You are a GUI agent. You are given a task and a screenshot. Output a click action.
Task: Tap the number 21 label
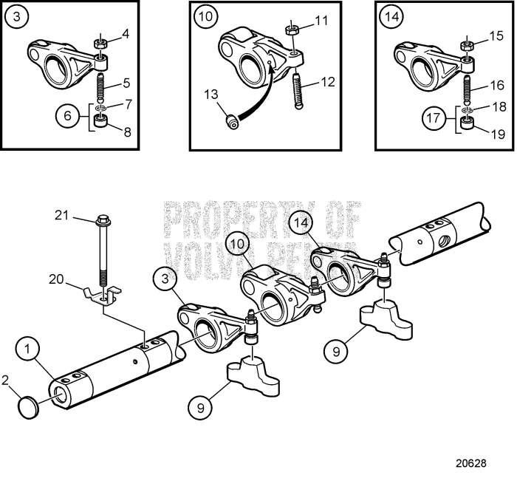pos(61,215)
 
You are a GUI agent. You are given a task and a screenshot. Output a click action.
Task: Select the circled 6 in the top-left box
pos(68,117)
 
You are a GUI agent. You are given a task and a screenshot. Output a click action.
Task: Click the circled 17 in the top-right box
pos(434,117)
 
